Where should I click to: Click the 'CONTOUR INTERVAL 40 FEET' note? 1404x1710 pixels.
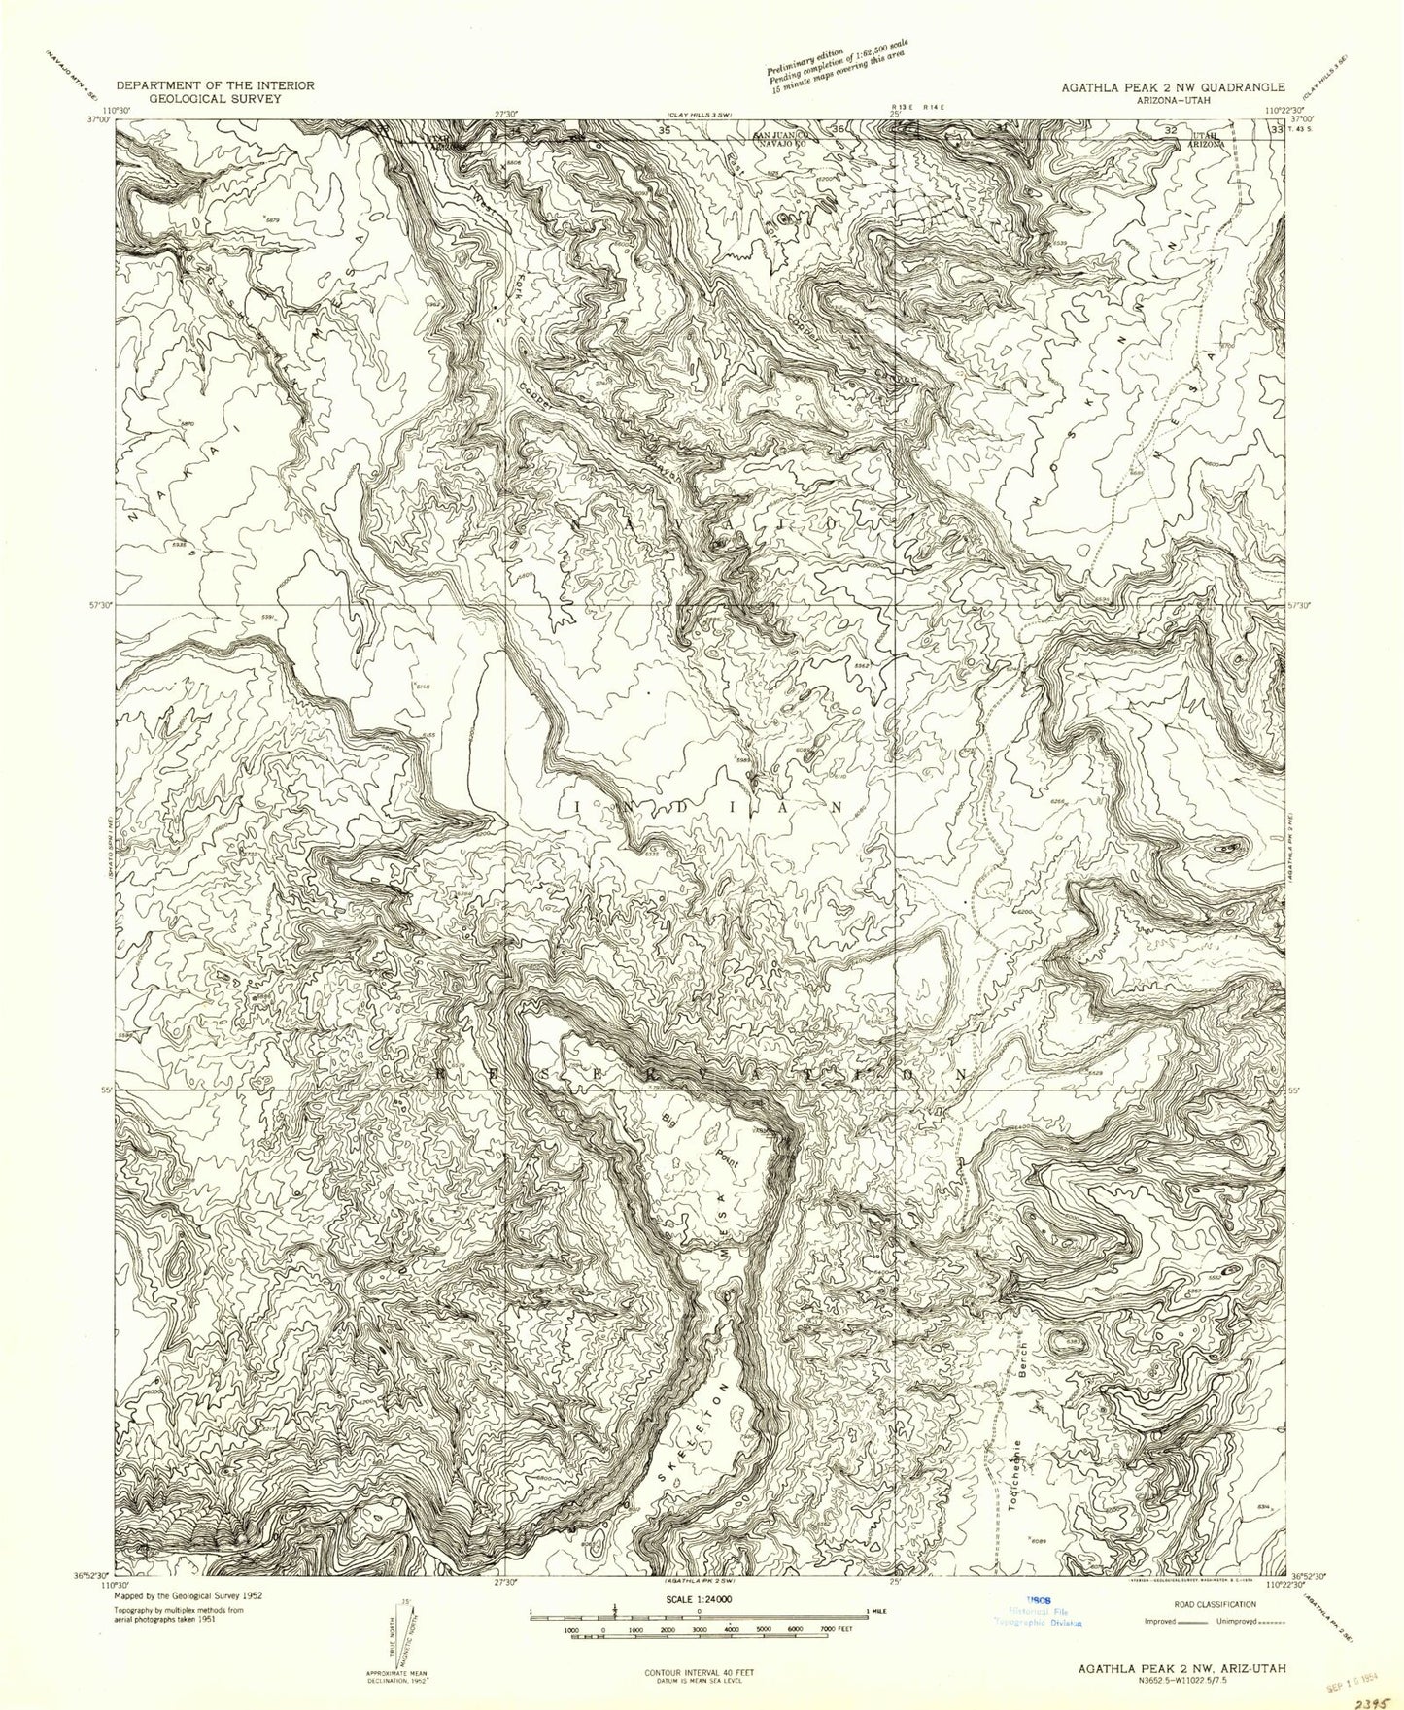[700, 1672]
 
